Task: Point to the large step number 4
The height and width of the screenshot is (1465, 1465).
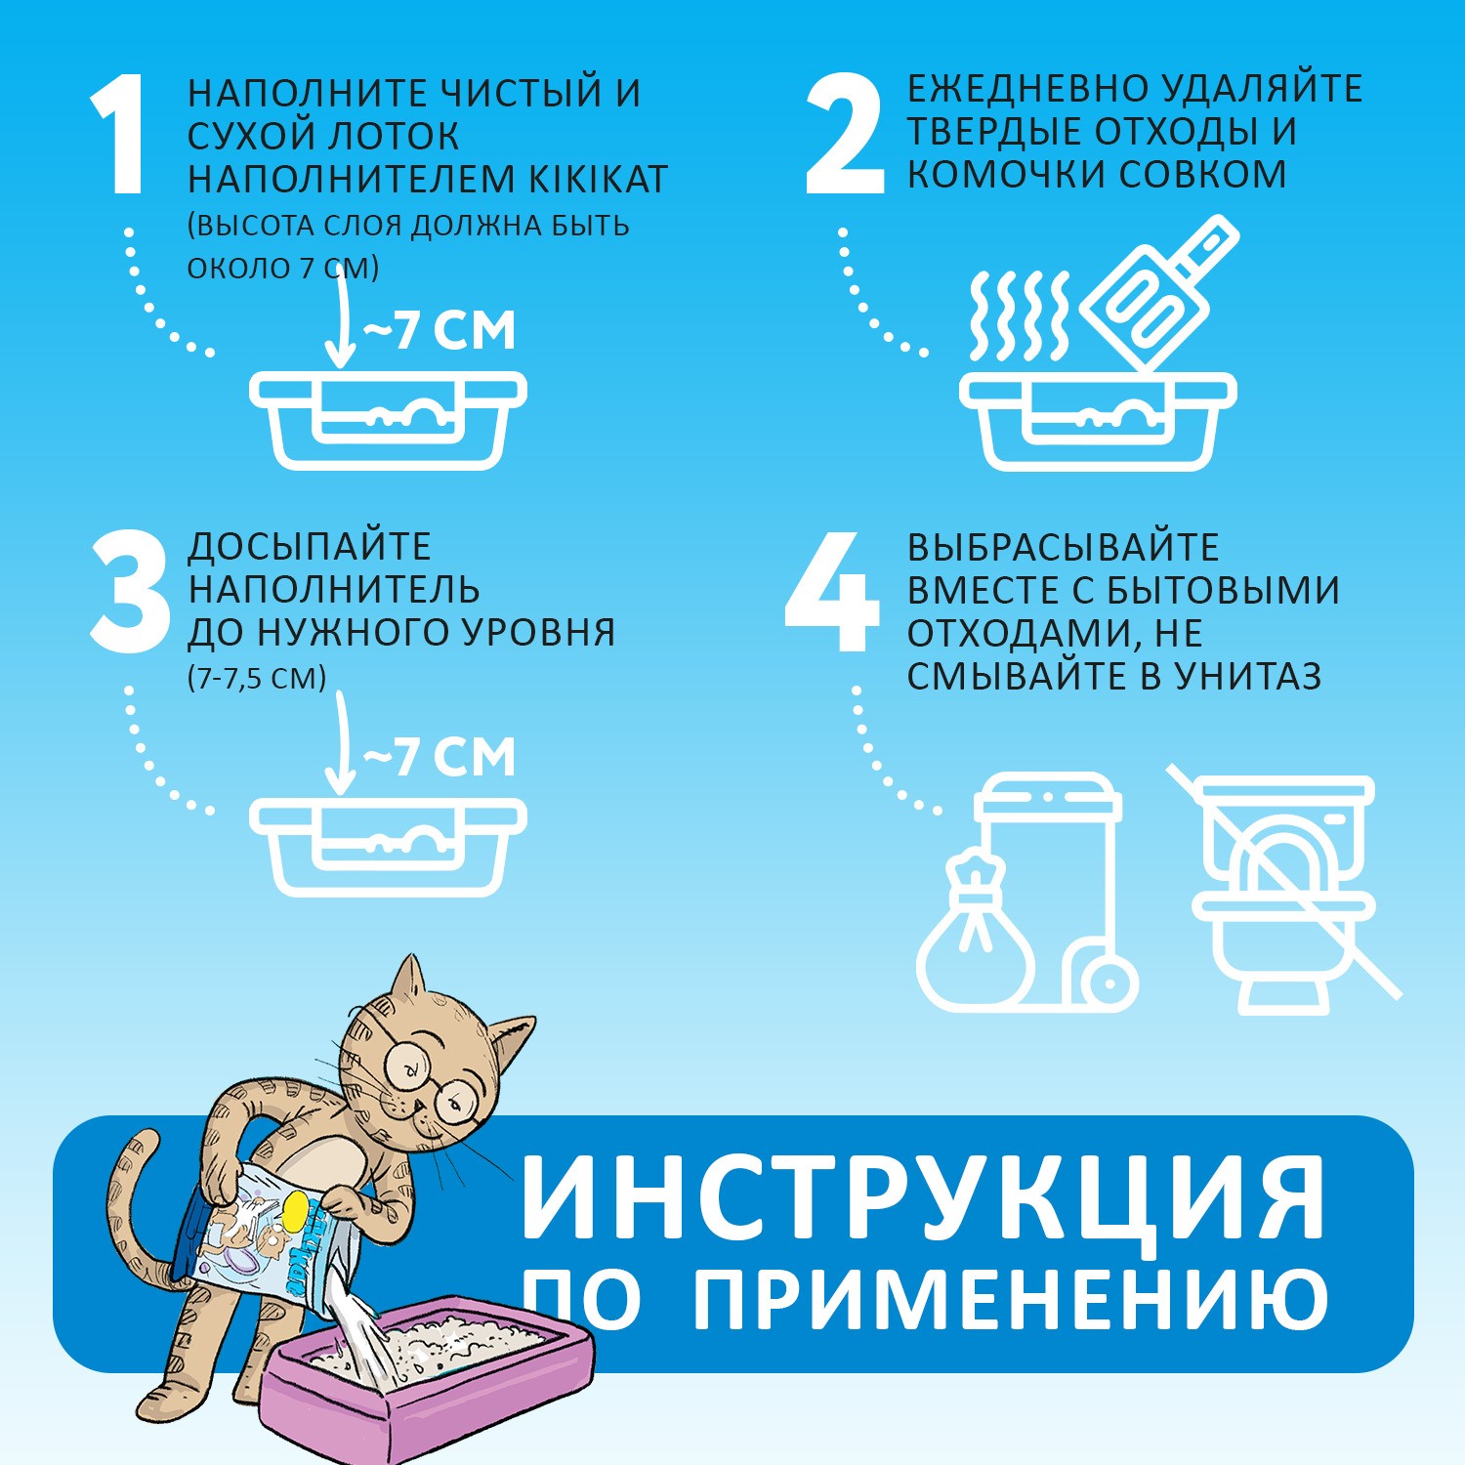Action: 830,593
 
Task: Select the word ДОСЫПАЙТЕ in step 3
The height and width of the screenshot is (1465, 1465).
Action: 309,547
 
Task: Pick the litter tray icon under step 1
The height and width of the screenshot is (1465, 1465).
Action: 388,420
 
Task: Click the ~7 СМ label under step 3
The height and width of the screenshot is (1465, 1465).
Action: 439,757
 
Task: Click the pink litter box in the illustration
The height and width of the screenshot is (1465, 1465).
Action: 430,1387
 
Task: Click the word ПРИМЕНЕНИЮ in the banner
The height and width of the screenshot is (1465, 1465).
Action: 1010,1299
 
